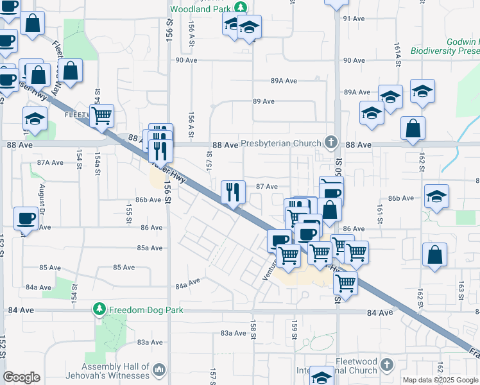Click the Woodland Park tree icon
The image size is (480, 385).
(241, 8)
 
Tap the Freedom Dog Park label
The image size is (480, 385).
(146, 311)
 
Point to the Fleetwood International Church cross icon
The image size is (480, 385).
(386, 365)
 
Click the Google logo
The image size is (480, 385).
(22, 377)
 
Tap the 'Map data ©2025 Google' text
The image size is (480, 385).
(441, 380)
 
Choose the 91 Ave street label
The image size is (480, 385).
(354, 19)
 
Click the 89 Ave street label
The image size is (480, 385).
(264, 101)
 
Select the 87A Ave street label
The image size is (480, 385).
(50, 162)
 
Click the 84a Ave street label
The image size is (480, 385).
(188, 282)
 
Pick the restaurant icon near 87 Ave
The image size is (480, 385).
(234, 191)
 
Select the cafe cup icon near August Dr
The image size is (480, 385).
(26, 218)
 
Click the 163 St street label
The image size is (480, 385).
(461, 290)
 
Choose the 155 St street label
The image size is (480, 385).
(129, 210)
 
